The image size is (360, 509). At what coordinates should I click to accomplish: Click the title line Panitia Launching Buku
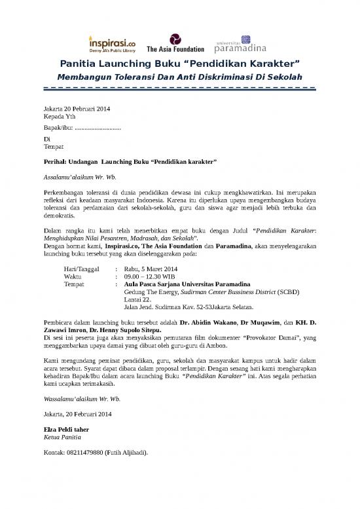179,64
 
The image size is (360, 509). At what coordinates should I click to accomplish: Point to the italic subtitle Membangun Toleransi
179,77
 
